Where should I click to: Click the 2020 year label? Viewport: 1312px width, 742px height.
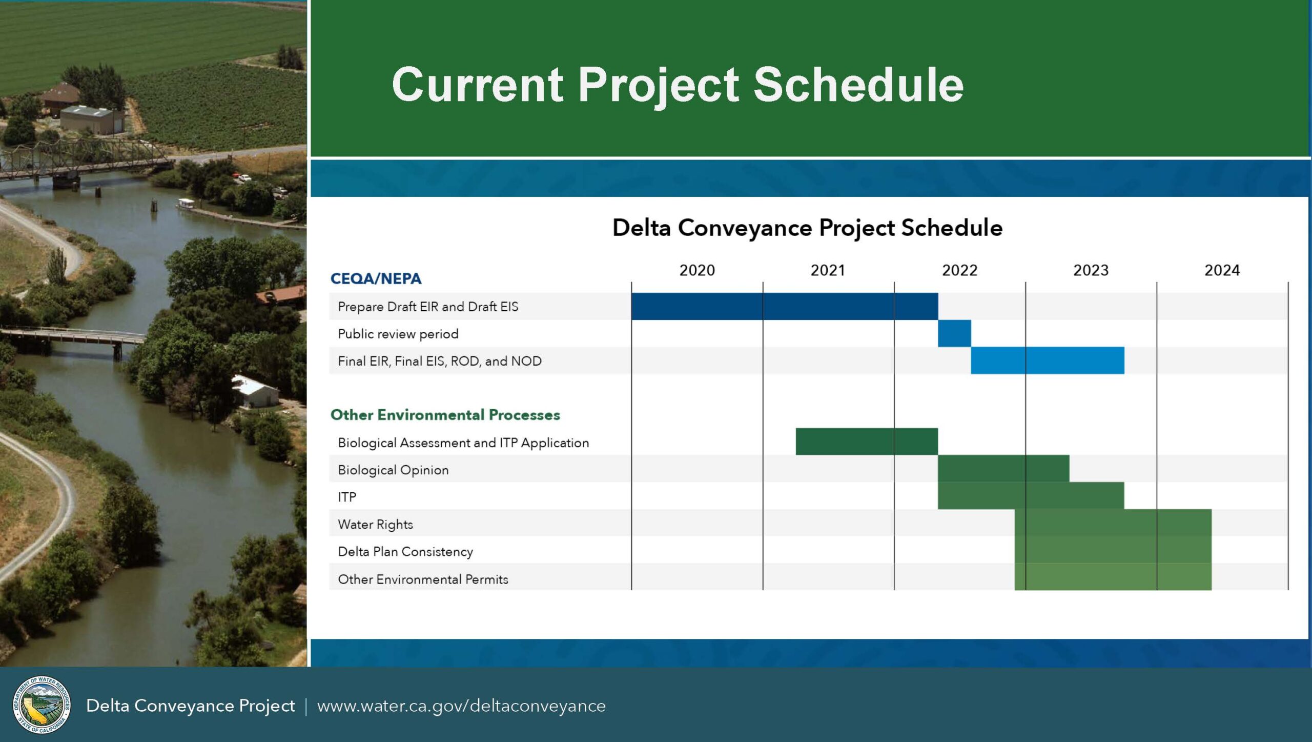697,270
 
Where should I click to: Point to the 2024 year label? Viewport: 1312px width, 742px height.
1222,270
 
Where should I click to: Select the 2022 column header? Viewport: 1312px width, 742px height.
959,270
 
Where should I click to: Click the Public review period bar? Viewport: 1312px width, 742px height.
954,333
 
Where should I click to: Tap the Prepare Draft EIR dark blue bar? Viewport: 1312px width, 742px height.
785,306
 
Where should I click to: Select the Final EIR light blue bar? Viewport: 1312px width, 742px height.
1048,360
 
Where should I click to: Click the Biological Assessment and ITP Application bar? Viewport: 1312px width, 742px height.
867,442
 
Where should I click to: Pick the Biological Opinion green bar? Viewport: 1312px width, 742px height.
1003,469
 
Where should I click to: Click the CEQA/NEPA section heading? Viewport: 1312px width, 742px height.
376,278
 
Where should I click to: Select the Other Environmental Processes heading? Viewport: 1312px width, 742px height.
445,415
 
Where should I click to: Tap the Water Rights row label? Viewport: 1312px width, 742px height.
375,525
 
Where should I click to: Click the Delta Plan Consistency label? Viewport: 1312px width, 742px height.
405,552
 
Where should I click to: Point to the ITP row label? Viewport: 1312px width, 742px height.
347,497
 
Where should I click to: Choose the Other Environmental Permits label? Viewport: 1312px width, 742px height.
423,579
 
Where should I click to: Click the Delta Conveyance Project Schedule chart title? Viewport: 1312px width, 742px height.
807,228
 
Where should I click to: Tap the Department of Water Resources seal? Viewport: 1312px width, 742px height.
42,705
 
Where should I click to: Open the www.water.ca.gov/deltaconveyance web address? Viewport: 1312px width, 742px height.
461,706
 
